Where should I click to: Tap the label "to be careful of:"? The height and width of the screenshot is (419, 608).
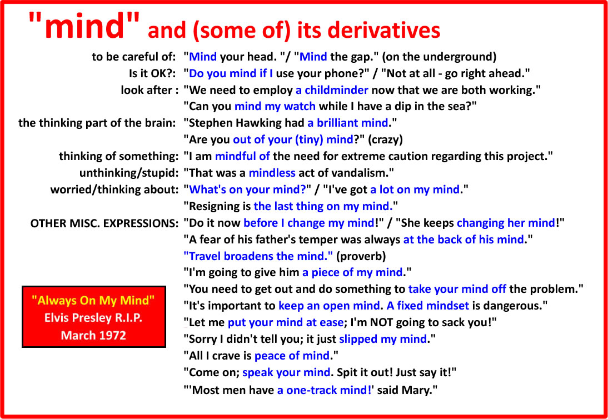click(134, 57)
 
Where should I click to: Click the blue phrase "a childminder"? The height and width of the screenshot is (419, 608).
click(332, 91)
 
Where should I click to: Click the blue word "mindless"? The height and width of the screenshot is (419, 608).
click(272, 173)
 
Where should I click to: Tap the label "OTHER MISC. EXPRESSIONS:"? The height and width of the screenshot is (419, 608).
click(104, 223)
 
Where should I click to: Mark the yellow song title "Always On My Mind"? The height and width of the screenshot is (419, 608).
click(94, 301)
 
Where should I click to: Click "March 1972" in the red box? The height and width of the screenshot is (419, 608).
click(93, 335)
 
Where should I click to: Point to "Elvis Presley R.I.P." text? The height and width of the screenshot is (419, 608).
click(93, 318)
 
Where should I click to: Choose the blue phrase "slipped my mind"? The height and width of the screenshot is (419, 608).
click(383, 339)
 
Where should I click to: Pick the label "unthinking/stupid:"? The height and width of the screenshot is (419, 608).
click(128, 173)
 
